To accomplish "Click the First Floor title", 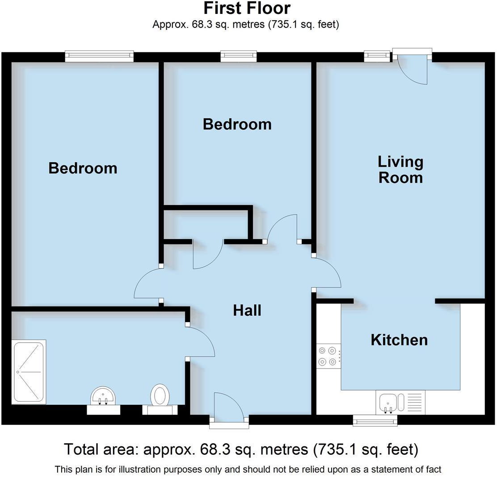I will coord(247,8).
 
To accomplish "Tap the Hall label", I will coord(247,311).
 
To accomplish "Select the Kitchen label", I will coord(399,340).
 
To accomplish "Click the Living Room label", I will coord(400,169).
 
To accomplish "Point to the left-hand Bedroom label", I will coord(83,168).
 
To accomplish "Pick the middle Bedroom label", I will coord(237,124).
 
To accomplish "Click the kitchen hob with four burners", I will coord(328,356).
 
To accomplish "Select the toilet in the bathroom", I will coord(160,396).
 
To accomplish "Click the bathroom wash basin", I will coord(103,396).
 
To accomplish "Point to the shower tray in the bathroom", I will coord(29,372).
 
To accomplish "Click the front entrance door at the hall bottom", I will coord(228,408).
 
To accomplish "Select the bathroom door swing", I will coord(200,342).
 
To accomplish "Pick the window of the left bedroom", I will coord(99,56).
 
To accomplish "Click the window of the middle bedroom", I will coord(238,56).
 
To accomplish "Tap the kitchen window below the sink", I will coord(375,420).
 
